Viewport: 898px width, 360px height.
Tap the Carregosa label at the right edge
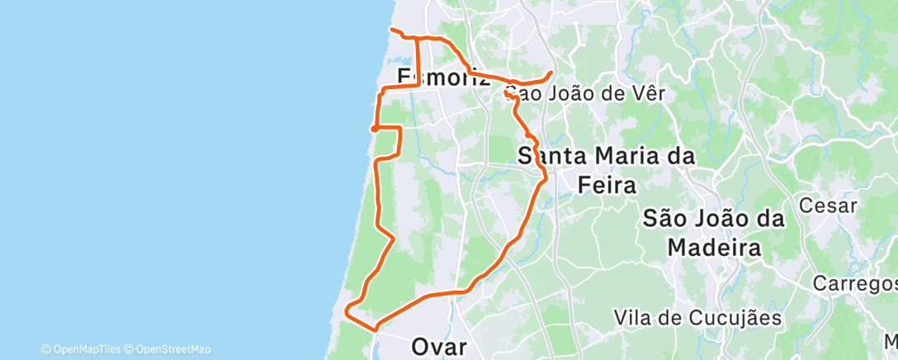point(854,283)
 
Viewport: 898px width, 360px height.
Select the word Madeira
point(713,247)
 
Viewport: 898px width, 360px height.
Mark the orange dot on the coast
point(374,128)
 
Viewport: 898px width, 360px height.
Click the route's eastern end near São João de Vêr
point(551,73)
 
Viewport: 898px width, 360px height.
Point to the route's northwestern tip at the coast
point(391,31)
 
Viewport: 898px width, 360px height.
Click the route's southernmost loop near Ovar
point(352,311)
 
